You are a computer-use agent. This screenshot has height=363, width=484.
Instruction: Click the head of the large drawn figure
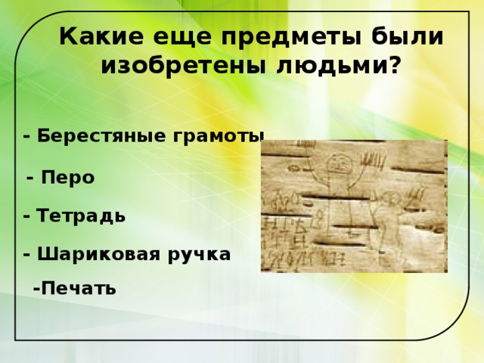coord(338,162)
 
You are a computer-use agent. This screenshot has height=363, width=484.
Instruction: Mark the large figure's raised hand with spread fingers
coord(374,162)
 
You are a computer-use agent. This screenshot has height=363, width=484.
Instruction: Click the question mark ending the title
coord(395,67)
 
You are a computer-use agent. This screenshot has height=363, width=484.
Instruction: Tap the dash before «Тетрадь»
coord(26,216)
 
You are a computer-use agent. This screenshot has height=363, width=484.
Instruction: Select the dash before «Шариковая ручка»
coord(26,254)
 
